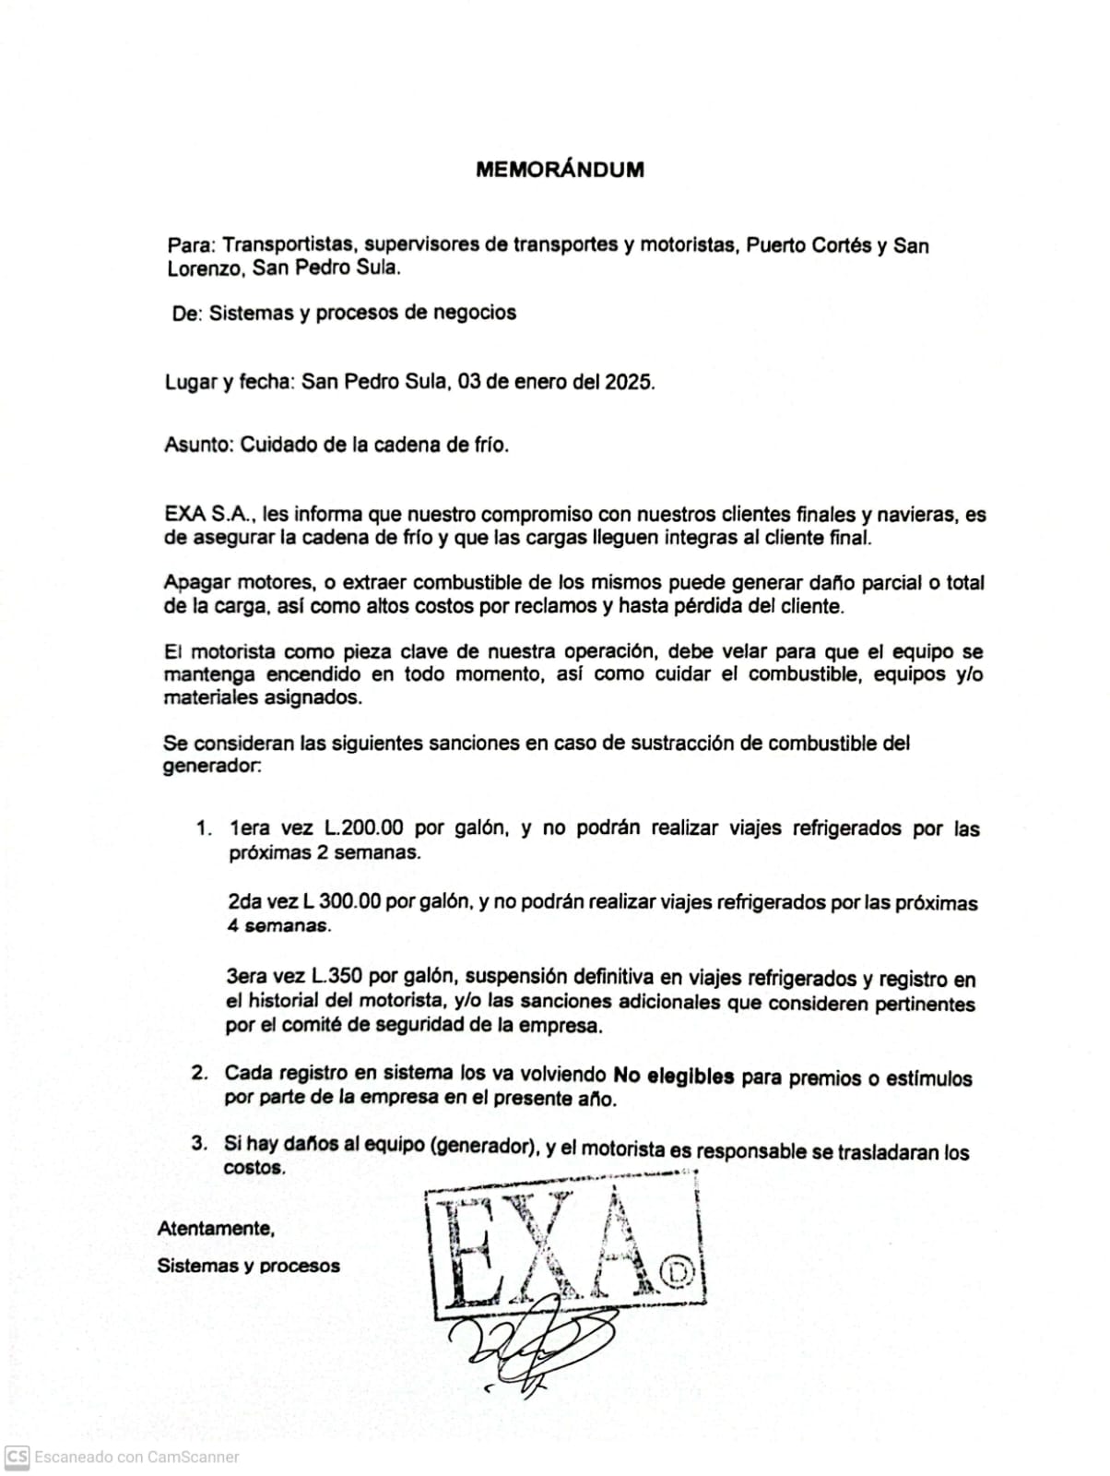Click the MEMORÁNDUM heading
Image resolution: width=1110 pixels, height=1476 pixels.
click(560, 170)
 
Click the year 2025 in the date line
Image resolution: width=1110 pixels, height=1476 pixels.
click(628, 382)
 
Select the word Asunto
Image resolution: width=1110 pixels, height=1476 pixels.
click(197, 445)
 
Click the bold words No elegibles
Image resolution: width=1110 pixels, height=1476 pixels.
click(674, 1076)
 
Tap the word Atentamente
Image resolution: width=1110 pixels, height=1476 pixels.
click(216, 1229)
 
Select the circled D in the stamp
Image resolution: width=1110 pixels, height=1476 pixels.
click(681, 1273)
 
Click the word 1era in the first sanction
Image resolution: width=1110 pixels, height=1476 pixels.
click(248, 827)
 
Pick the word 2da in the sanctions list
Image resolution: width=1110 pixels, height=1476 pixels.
click(244, 901)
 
